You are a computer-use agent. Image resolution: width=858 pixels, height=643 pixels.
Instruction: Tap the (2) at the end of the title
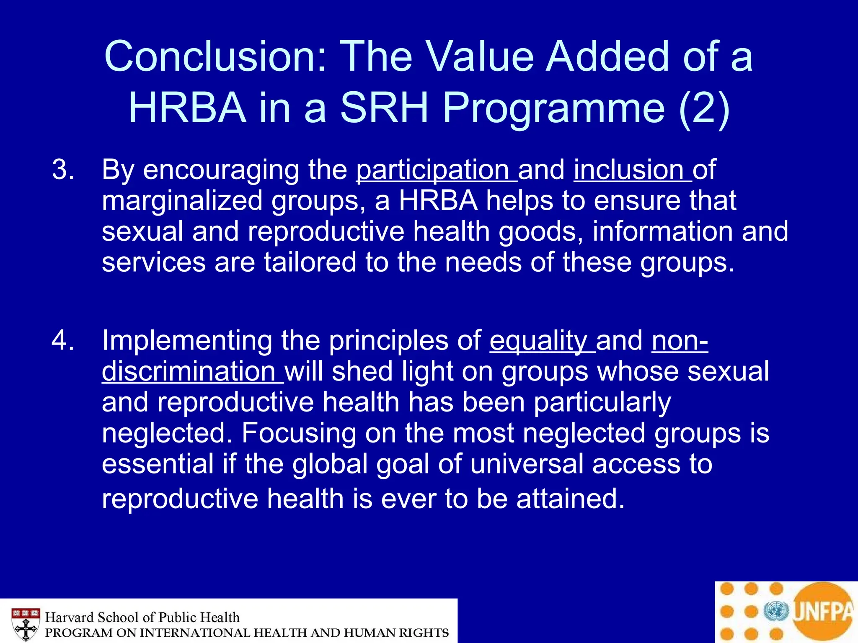[x=704, y=108]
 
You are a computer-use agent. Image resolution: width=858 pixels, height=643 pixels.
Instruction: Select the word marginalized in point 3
[x=182, y=201]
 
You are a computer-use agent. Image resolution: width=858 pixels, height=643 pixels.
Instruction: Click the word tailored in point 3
[x=310, y=262]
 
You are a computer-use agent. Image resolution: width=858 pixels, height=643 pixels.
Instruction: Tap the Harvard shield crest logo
[x=26, y=624]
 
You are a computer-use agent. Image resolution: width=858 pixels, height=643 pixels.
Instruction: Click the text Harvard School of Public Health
[x=142, y=617]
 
